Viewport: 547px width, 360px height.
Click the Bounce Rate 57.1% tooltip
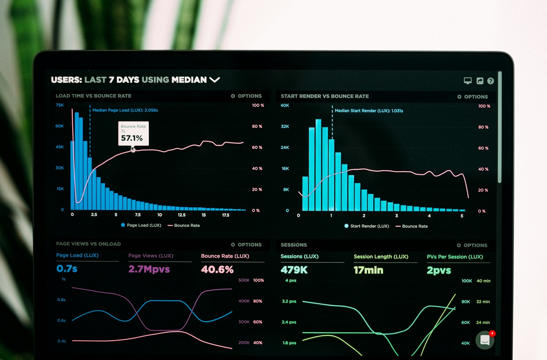(133, 133)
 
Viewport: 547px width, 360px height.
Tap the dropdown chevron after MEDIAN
(214, 80)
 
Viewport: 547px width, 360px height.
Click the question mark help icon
(490, 81)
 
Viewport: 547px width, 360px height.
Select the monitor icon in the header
(468, 81)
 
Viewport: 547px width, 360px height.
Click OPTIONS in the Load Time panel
(246, 96)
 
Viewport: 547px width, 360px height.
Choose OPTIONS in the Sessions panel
(472, 245)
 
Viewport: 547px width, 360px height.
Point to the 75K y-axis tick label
(60, 105)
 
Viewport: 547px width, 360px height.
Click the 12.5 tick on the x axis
(182, 215)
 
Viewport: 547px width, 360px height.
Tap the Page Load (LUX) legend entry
(141, 225)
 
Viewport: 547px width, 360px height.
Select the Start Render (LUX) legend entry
(367, 226)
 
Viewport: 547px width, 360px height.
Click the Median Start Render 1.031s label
(368, 111)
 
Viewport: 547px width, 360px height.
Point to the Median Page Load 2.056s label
(125, 110)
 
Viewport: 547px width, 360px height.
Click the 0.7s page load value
(67, 269)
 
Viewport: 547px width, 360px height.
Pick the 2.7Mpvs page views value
(149, 269)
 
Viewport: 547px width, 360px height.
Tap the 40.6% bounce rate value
(217, 270)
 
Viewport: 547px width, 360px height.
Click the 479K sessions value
(294, 270)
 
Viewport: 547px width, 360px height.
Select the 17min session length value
(368, 270)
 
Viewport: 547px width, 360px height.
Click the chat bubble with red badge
(485, 340)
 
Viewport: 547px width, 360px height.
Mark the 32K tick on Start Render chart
(285, 126)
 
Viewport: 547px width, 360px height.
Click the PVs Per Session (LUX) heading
(455, 257)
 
